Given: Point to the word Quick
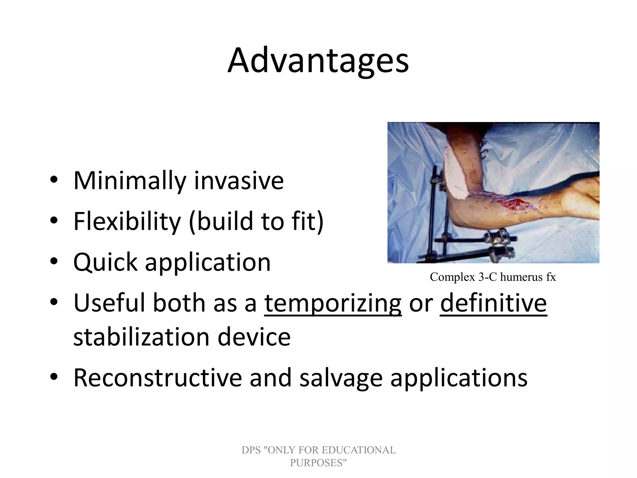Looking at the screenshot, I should click(x=105, y=262).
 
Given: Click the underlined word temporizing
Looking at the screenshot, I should click(x=333, y=303).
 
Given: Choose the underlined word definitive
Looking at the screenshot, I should click(x=493, y=303).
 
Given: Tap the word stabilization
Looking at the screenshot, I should click(x=141, y=337).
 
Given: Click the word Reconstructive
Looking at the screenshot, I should click(x=157, y=378).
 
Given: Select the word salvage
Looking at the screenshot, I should click(x=341, y=378).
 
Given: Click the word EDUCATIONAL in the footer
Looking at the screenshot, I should click(x=358, y=450).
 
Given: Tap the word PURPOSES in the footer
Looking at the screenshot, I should click(x=318, y=463).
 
